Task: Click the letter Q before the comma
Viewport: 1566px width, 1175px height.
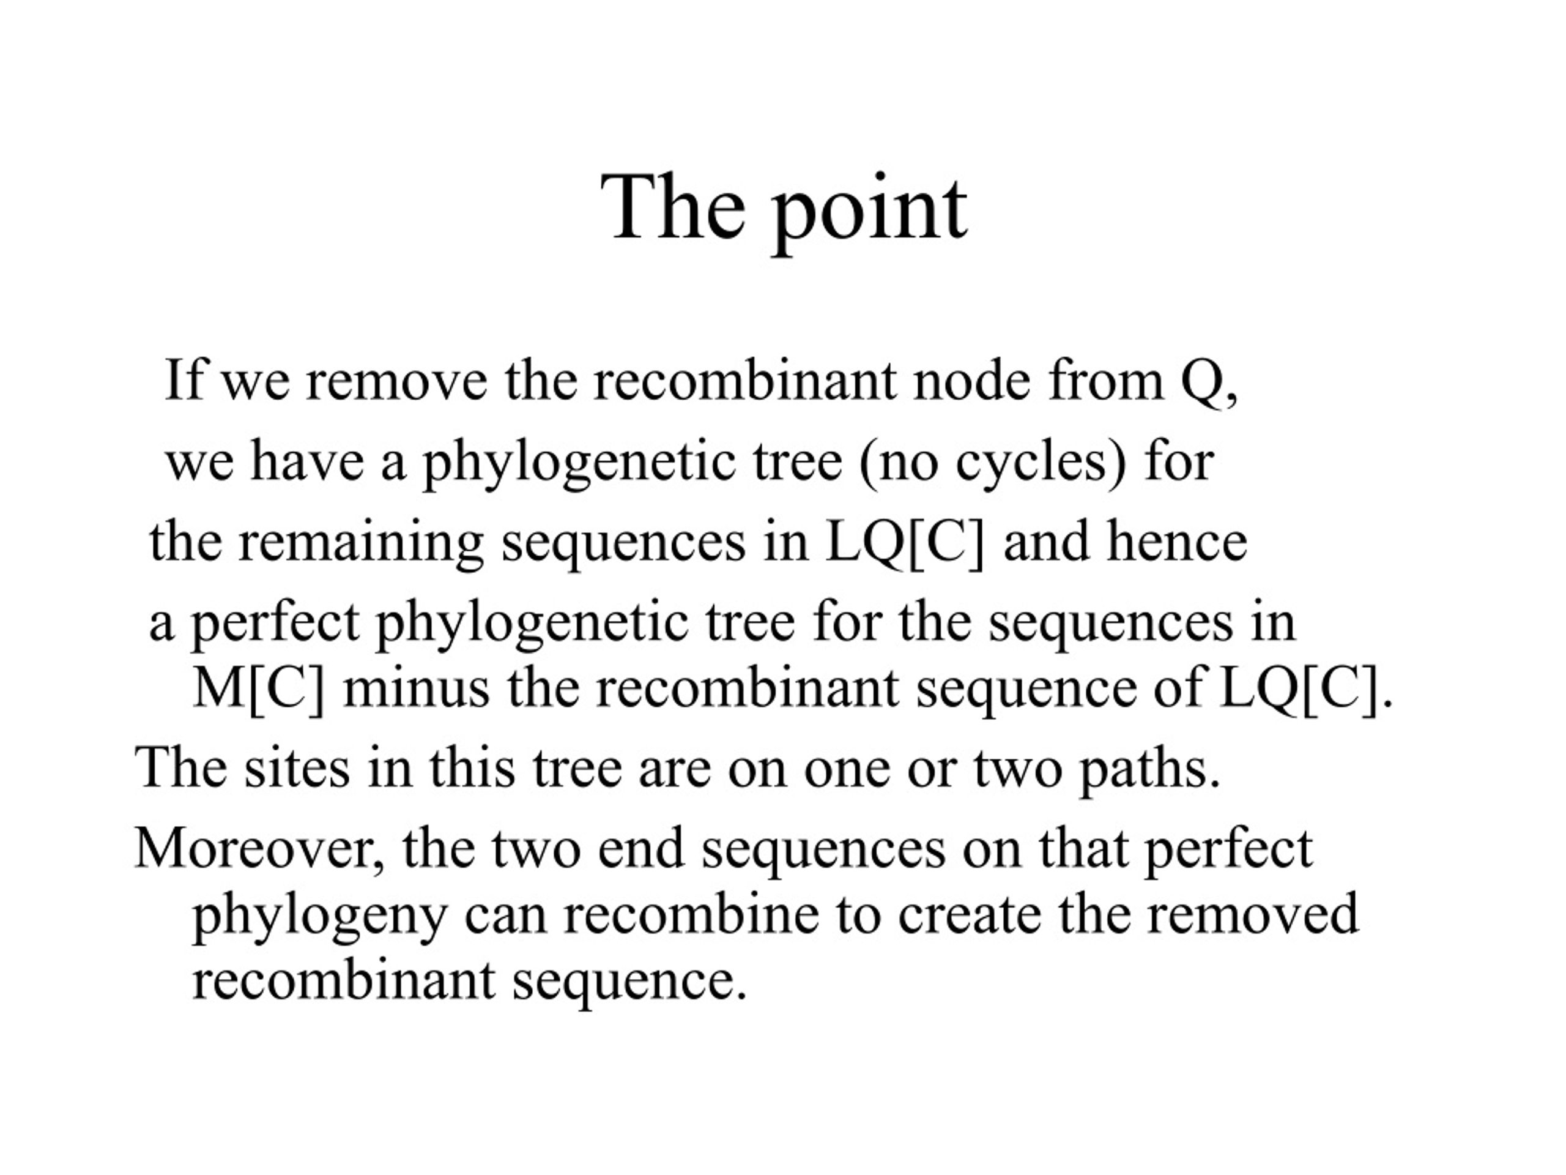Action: [1200, 382]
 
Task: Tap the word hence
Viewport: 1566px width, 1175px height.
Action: [1176, 540]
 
